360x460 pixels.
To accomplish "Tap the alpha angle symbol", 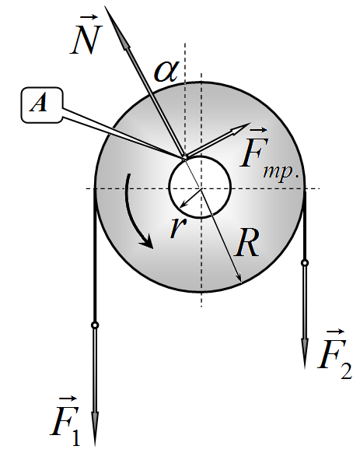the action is coord(166,72).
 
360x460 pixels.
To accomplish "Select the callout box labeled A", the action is coord(42,105).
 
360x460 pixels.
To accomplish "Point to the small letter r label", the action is coord(178,226).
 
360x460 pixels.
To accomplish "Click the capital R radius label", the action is coord(247,242).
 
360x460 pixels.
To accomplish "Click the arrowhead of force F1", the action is coord(95,429).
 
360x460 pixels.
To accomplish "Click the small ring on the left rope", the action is coord(95,325).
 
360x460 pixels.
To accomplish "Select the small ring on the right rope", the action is coord(305,263).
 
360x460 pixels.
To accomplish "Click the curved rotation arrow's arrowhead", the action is coord(147,241).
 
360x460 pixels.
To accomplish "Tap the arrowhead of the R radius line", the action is coord(239,278).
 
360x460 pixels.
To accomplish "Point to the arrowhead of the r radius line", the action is coord(183,205).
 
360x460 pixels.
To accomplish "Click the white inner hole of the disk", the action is coord(201,187).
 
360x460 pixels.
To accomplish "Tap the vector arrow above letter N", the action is coord(89,17).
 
